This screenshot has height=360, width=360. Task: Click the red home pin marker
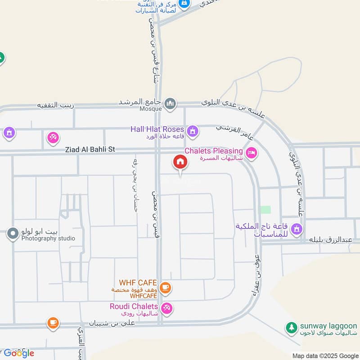click(180, 162)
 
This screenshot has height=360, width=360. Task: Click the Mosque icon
click(170, 104)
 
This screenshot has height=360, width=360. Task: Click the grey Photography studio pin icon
click(13, 234)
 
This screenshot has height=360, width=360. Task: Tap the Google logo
click(18, 353)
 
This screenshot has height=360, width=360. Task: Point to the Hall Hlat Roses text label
click(157, 129)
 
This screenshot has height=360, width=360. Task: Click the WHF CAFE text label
click(138, 283)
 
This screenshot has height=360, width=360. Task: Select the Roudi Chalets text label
click(134, 306)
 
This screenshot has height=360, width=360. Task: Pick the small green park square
click(266, 210)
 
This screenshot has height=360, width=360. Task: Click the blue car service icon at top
click(184, 4)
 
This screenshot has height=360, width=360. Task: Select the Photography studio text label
click(48, 238)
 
